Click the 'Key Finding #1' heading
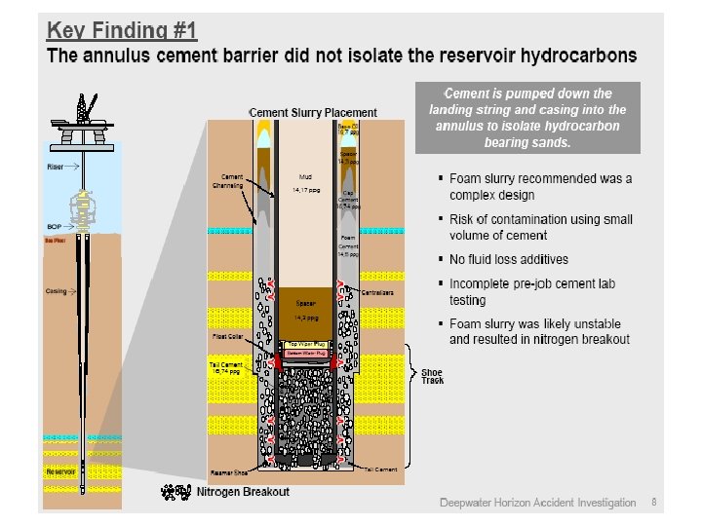pos(123,30)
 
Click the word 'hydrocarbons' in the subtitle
pos(574,56)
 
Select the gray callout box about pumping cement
pos(527,118)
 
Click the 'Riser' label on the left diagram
pos(55,167)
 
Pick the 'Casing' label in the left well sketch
pos(56,290)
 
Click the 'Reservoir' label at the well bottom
pos(61,471)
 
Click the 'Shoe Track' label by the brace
pos(432,376)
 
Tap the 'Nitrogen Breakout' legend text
pos(243,492)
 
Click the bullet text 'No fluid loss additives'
pos(508,259)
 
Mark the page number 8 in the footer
pos(653,503)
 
